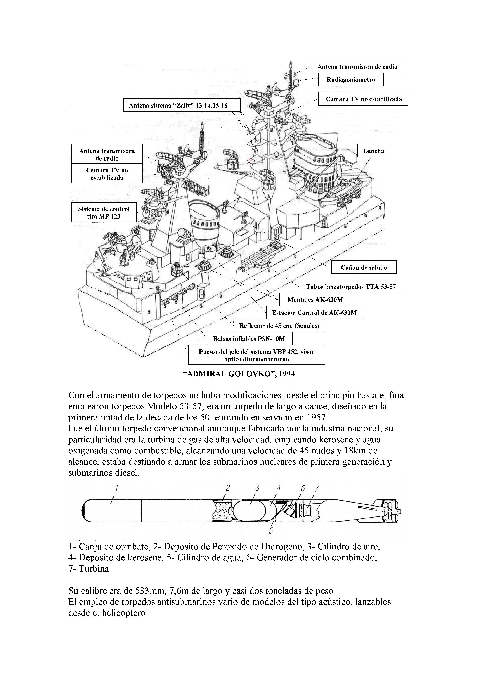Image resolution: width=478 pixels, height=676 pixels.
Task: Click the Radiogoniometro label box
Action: [350, 80]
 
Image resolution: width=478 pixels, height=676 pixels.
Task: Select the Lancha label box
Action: [374, 151]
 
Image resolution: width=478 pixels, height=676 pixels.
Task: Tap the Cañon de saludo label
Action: [364, 267]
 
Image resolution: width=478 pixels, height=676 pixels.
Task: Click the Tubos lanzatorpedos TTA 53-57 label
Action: [350, 287]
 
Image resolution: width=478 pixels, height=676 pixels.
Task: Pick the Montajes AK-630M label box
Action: [315, 300]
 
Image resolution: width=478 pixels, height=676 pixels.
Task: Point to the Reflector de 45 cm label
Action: [279, 326]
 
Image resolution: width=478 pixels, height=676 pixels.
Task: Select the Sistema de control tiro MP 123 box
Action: [104, 213]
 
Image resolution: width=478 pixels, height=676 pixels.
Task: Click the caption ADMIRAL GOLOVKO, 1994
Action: [239, 374]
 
